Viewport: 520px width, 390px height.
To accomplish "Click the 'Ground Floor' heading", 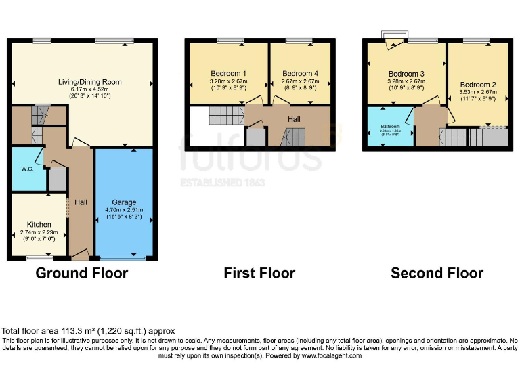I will coord(81,274).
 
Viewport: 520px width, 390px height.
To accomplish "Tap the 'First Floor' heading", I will coord(259,274).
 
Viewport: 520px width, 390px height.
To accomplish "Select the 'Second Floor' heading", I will coord(437,274).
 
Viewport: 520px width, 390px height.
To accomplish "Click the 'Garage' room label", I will coord(124,202).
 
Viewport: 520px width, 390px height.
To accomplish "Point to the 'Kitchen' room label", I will coord(39,225).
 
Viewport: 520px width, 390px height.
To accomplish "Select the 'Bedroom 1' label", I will coord(228,73).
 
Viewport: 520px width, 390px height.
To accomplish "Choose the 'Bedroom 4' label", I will coord(300,73).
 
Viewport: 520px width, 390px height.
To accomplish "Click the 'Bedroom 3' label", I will coord(406,74).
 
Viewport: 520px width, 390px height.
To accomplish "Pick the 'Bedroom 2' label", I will coord(477,85).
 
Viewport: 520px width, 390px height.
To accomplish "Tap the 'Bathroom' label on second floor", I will coord(390,127).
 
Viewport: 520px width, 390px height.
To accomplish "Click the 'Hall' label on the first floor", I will coord(294,119).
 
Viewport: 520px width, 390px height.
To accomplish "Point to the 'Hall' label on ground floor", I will coord(81,202).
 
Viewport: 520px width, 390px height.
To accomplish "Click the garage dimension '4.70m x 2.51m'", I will coord(124,210).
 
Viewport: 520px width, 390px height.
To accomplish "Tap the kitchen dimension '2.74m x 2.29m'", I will coord(39,232).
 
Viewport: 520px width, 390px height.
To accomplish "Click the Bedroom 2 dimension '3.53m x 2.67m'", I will coord(477,92).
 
